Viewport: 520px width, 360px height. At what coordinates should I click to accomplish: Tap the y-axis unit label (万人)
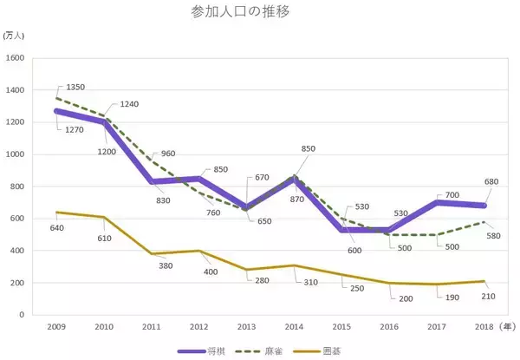point(15,36)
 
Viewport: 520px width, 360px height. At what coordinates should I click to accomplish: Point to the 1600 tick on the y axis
point(15,58)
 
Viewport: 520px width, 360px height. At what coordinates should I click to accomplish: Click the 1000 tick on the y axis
point(15,154)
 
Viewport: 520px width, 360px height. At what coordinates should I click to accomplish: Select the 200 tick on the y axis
point(16,283)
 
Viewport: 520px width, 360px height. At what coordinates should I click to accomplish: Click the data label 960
point(167,154)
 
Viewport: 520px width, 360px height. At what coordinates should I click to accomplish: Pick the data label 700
point(452,196)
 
